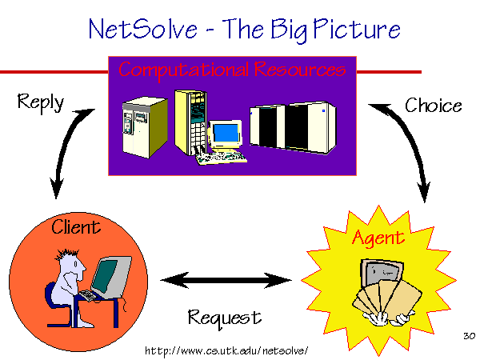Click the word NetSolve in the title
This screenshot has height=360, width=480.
coord(143,29)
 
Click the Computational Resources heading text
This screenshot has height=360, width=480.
coord(232,70)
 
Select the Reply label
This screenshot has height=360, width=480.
coord(41,102)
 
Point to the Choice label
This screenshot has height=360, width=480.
coord(434,106)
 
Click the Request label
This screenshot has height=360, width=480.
coord(225,318)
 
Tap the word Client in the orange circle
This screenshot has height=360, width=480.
coord(76,227)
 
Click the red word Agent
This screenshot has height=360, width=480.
coord(378,238)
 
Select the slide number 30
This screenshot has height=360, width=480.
coord(469,336)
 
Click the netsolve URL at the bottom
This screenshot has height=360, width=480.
coord(226,350)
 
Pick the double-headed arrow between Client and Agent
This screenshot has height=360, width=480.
coord(226,280)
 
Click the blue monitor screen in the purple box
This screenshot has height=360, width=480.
coord(226,132)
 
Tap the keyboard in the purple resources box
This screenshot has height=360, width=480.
coord(222,158)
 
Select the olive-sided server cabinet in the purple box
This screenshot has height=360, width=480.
coord(145,127)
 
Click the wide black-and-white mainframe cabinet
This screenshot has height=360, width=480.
coord(293,127)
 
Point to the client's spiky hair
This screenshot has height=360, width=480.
coord(67,254)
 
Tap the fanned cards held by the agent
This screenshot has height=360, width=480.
coord(387,298)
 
